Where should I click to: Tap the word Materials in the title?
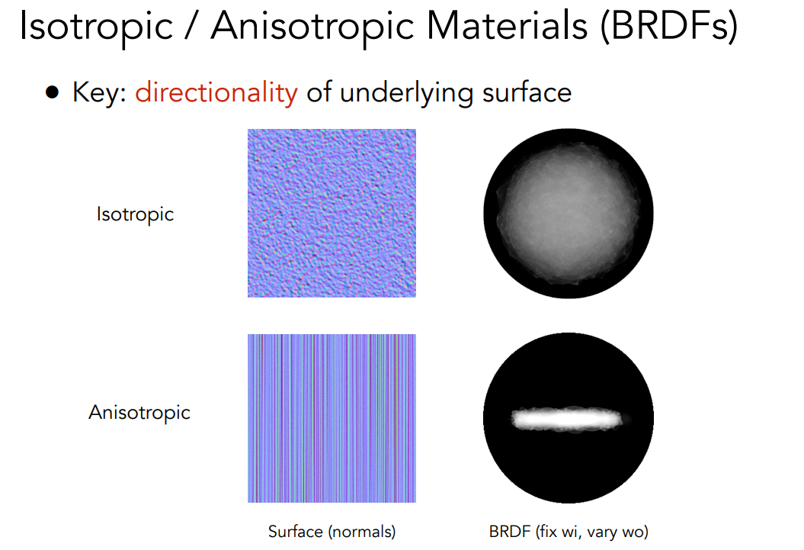[507, 26]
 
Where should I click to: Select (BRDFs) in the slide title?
[669, 26]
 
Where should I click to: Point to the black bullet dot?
[53, 93]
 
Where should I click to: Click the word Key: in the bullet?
[100, 93]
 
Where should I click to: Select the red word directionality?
[216, 93]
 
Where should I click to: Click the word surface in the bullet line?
[527, 93]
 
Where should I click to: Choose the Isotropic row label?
[136, 214]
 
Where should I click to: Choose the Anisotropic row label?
[139, 413]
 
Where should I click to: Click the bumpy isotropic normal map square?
[332, 213]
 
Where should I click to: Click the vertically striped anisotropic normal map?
[332, 418]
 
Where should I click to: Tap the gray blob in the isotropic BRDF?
[568, 212]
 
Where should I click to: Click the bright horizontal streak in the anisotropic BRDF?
[567, 419]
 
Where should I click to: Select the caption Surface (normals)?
[332, 532]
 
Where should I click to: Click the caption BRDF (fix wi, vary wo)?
[569, 532]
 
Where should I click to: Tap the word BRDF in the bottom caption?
[510, 532]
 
